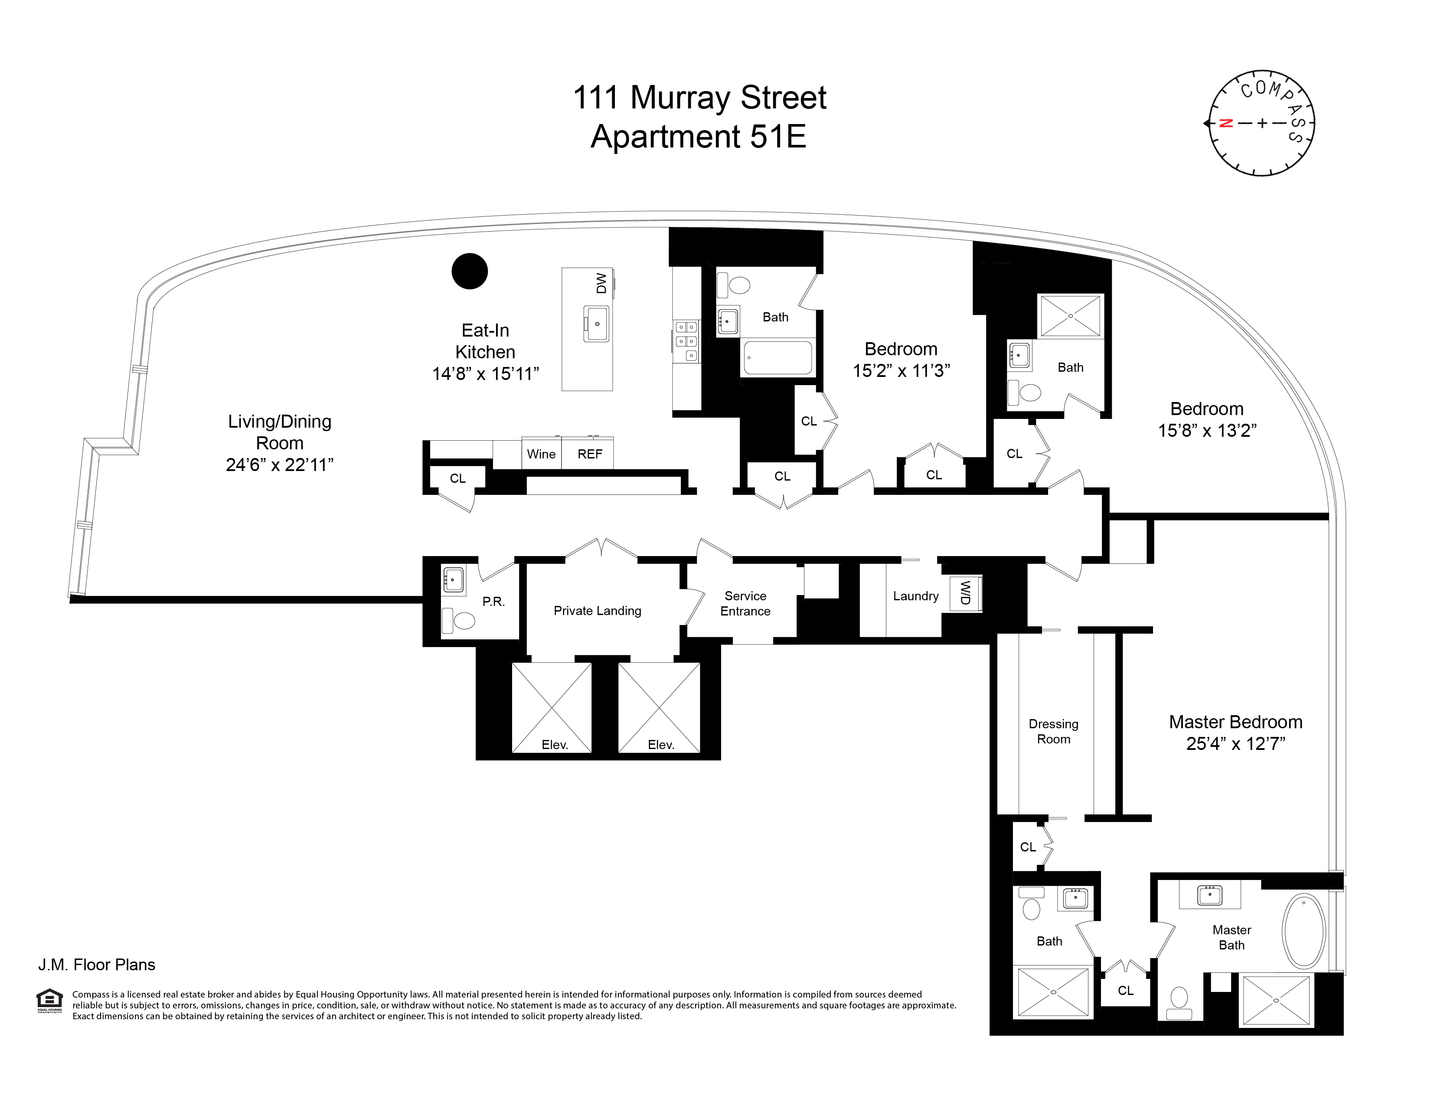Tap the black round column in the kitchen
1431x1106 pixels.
point(470,271)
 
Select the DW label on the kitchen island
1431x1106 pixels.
point(601,283)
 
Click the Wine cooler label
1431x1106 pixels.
point(541,454)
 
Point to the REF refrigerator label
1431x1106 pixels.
point(590,454)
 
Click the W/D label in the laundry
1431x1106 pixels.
point(964,593)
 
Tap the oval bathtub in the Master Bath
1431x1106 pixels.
point(1304,931)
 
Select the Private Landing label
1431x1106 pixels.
point(597,611)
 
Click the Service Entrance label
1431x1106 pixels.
point(745,603)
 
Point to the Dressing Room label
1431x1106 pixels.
point(1053,731)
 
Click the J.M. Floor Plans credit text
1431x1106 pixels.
point(97,965)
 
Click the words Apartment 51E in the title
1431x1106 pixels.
point(699,137)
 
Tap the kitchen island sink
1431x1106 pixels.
point(597,324)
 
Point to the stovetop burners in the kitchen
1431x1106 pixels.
point(686,341)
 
